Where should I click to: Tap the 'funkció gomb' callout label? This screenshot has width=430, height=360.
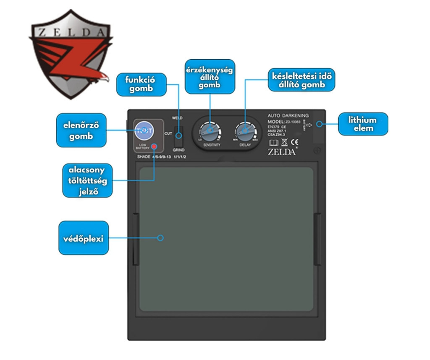(140, 84)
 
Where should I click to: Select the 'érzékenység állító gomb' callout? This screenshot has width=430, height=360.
(210, 76)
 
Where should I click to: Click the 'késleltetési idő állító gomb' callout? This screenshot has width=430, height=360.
(302, 80)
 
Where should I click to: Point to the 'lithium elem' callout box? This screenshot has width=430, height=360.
(363, 124)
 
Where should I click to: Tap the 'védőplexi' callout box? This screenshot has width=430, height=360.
(83, 238)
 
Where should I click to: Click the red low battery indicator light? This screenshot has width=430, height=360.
(155, 147)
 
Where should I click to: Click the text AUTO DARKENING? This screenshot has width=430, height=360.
(288, 115)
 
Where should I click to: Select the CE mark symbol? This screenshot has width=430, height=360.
(294, 142)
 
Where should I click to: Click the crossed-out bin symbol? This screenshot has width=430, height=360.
(284, 142)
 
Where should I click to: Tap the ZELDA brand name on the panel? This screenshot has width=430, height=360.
(281, 152)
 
